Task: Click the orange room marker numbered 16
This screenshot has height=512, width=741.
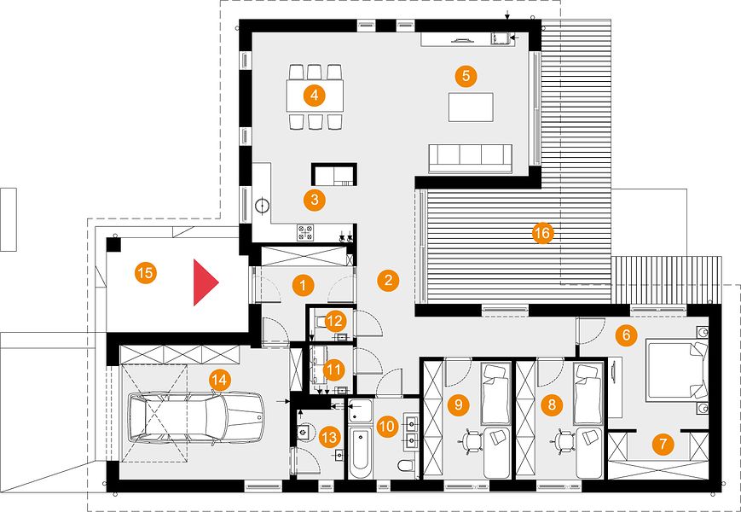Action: point(542,233)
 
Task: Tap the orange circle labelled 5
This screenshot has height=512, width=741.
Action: point(466,76)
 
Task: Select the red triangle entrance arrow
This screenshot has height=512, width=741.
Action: point(206,282)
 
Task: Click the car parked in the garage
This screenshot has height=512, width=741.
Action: point(197,417)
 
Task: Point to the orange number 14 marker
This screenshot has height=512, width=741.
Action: point(220,380)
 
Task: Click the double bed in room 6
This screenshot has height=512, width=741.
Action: point(677,370)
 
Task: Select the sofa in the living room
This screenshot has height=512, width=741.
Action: point(470,159)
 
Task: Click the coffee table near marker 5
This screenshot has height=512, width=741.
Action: point(472,108)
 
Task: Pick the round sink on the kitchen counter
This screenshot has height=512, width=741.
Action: point(263,206)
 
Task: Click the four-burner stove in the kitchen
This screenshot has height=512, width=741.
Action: point(305,232)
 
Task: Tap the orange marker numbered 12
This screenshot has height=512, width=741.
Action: point(335,322)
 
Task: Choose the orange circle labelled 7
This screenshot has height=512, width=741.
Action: point(663,444)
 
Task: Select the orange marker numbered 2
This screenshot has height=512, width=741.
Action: point(389,281)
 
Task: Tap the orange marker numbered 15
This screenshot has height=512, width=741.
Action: point(146,273)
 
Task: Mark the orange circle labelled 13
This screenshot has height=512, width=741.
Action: point(329,437)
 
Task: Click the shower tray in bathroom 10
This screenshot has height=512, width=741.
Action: point(361,410)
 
